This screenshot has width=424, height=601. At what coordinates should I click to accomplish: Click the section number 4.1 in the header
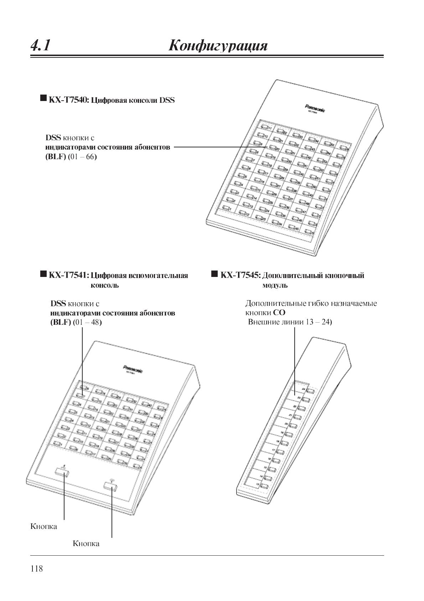tap(40, 46)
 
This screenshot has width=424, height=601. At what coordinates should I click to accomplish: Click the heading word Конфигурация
tap(218, 46)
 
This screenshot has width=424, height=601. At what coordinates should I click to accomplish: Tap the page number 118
tap(36, 569)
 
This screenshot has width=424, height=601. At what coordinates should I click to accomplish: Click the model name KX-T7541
tap(68, 276)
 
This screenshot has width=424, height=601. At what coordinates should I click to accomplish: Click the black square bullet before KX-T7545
tap(214, 274)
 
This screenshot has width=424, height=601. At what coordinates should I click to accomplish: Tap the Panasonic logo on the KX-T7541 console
tap(133, 369)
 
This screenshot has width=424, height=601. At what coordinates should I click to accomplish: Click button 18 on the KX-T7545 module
tap(284, 443)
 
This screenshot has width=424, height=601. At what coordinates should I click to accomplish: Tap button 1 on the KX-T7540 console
tap(227, 208)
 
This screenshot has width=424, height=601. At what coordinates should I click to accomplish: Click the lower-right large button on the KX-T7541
tap(111, 486)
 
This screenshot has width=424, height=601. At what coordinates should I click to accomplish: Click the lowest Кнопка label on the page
tap(86, 544)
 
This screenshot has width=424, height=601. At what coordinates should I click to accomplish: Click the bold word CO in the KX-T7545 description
tap(279, 313)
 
